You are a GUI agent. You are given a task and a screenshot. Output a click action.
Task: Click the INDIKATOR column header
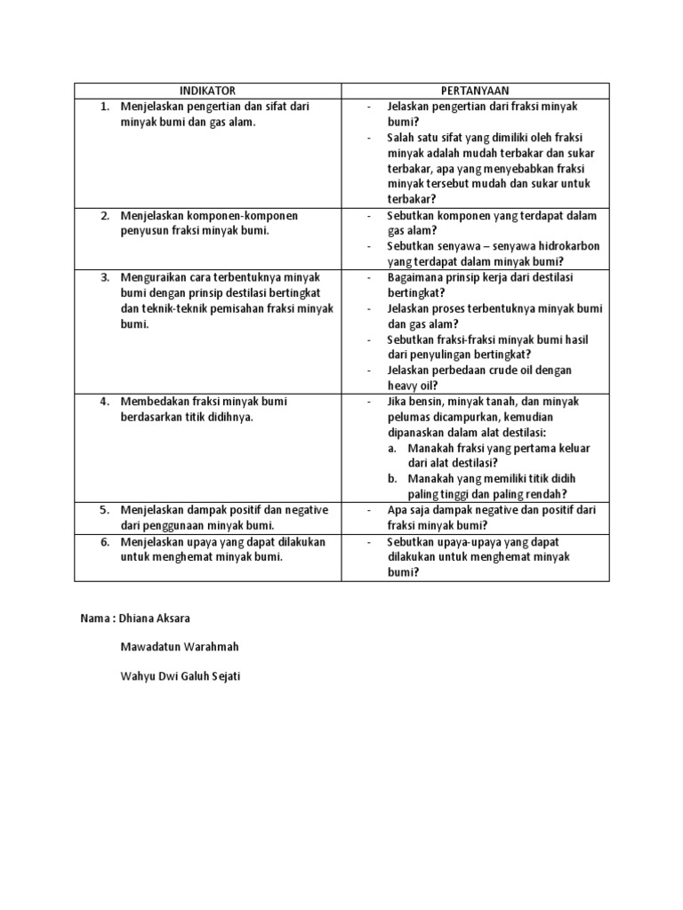click(x=207, y=91)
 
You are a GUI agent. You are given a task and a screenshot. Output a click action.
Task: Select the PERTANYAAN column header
click(x=476, y=91)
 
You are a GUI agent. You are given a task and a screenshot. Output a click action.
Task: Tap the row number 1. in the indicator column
click(x=104, y=107)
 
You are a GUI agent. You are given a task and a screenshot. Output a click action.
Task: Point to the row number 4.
click(x=104, y=402)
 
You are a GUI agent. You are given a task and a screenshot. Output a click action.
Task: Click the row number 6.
click(x=104, y=542)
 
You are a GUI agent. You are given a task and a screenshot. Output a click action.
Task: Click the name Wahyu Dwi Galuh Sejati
click(x=181, y=676)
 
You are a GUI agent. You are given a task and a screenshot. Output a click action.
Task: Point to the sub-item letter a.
click(x=392, y=449)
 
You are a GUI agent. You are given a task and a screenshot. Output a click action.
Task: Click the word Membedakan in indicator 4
click(x=152, y=402)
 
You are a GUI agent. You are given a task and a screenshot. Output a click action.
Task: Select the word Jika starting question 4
click(x=397, y=402)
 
